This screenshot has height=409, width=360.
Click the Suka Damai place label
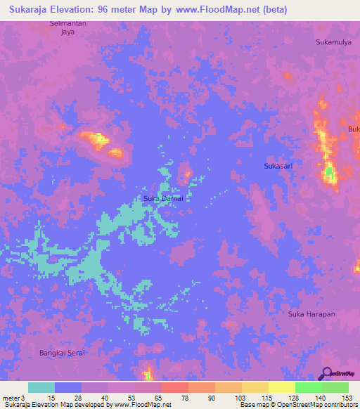(x=163, y=198)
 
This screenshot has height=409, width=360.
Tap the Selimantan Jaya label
(x=67, y=27)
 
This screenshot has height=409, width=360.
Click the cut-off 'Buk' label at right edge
(x=354, y=129)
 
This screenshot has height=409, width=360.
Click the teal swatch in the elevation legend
(x=41, y=387)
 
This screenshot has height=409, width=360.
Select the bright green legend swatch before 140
(x=308, y=387)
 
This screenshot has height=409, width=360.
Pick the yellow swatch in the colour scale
(x=255, y=387)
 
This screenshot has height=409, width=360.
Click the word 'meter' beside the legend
(x=11, y=397)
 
